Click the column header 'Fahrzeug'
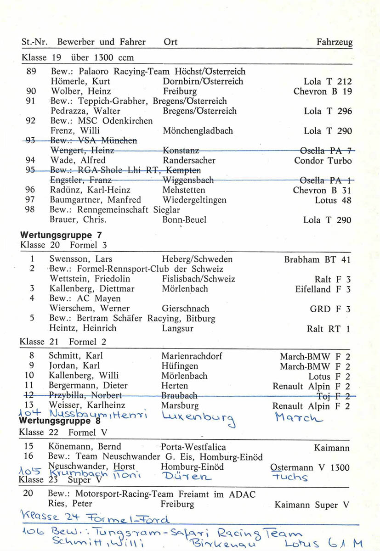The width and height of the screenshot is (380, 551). click(x=335, y=42)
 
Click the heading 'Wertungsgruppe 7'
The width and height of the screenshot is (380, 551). click(x=61, y=236)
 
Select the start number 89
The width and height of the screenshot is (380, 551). click(x=32, y=72)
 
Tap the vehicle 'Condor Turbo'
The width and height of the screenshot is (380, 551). click(x=323, y=161)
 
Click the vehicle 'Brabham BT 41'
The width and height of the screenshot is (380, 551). click(x=318, y=259)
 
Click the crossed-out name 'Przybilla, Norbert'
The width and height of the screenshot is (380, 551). click(x=85, y=395)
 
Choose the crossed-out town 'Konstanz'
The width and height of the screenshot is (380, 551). click(x=181, y=151)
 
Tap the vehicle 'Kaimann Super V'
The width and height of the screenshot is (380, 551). click(x=312, y=505)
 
